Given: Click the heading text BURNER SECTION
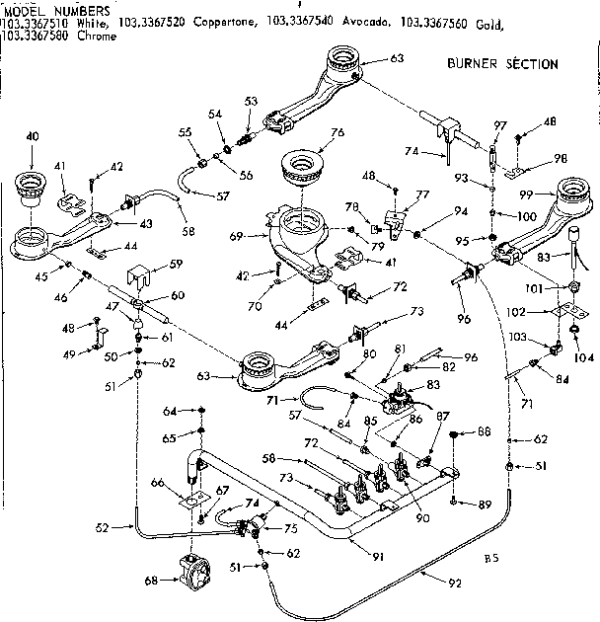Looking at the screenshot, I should [x=502, y=64].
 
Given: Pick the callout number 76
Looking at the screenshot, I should [x=337, y=132].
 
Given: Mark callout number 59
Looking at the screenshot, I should [x=176, y=264].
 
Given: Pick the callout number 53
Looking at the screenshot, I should [x=251, y=102].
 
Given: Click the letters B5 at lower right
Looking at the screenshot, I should [x=490, y=559].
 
